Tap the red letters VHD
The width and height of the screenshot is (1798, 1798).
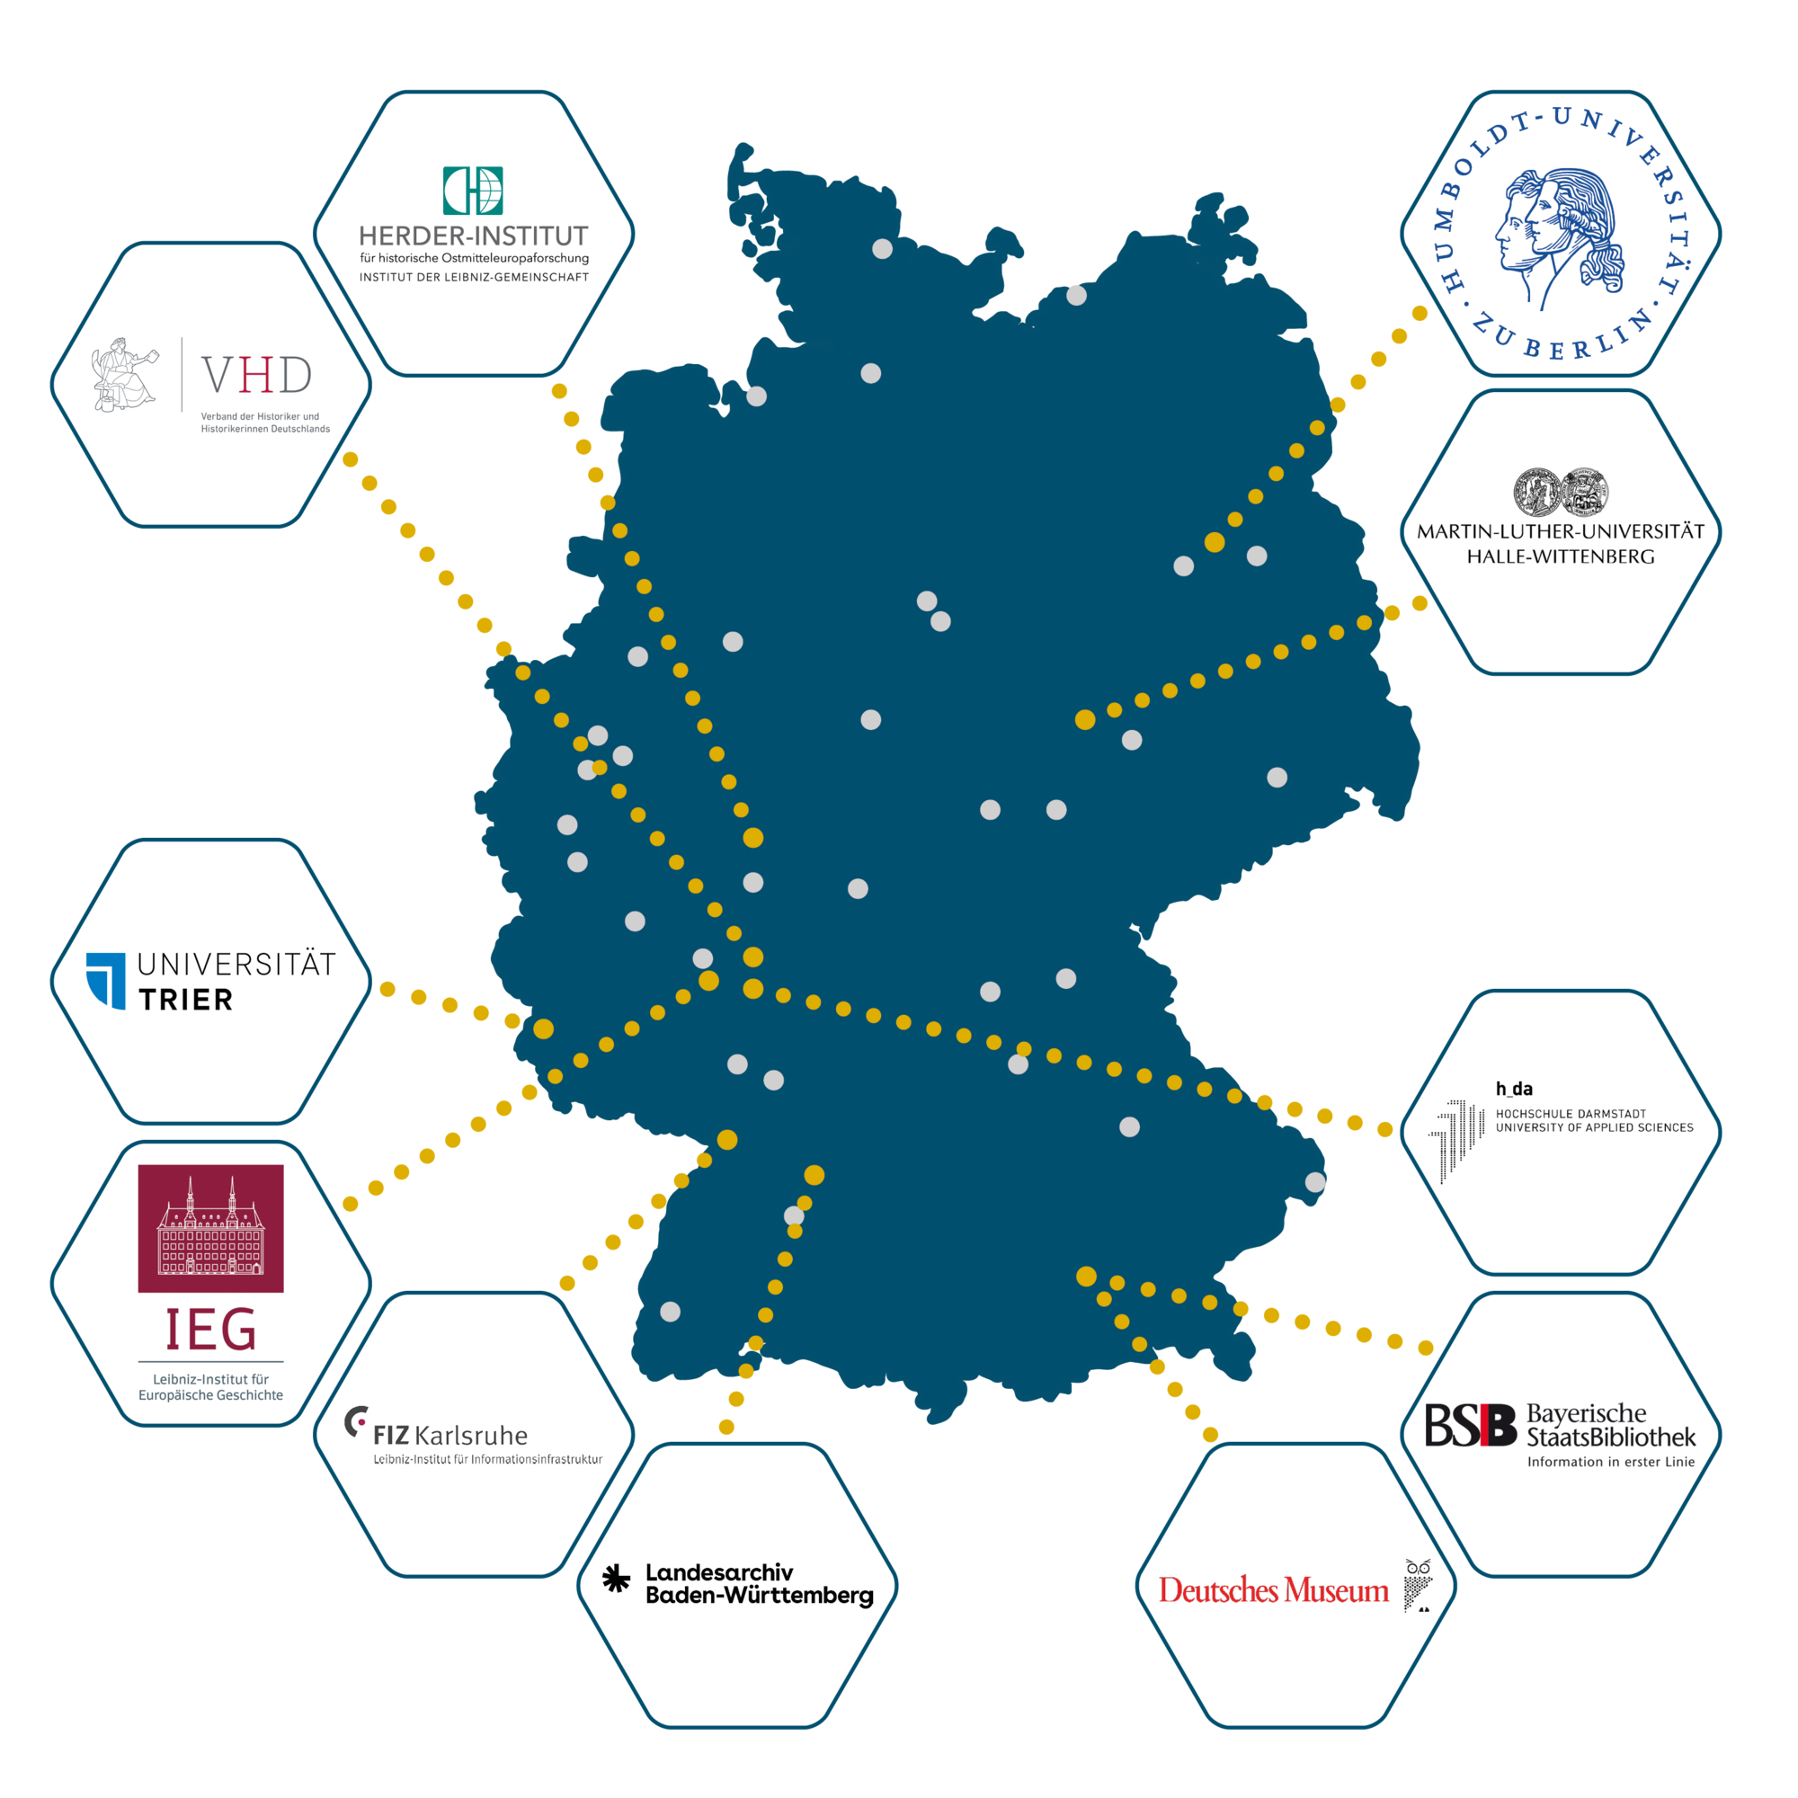point(257,375)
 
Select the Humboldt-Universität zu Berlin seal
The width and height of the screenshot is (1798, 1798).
point(1561,233)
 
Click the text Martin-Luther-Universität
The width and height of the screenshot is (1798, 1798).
point(1561,531)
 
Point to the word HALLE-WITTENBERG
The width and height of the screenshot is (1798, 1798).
point(1561,556)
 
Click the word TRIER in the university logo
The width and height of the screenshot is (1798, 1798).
point(186,1000)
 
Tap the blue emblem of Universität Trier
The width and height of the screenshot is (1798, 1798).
point(105,980)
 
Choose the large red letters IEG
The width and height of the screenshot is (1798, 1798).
point(210,1329)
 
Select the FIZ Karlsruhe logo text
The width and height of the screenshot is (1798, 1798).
point(450,1435)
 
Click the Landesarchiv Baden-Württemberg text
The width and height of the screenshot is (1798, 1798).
point(759,1584)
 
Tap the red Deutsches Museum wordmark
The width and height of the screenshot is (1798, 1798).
point(1272,1590)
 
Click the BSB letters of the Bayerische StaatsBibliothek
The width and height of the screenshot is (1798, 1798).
point(1470,1425)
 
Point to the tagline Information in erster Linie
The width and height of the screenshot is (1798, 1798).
point(1610,1461)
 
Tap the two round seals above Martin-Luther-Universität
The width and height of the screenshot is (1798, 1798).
point(1561,491)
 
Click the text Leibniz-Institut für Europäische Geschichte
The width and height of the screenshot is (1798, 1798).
point(210,1386)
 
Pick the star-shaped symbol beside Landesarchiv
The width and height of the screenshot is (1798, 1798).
point(615,1579)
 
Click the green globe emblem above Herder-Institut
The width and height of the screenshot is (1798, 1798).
point(473,190)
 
